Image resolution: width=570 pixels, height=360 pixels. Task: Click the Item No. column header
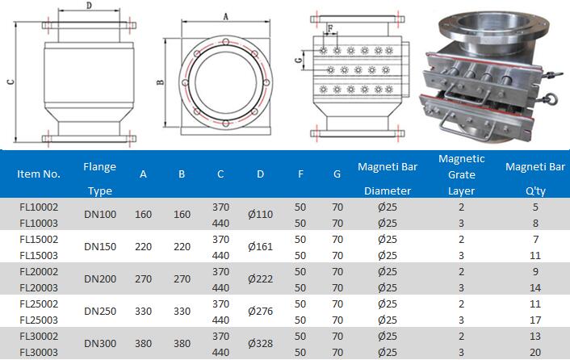pos(39,174)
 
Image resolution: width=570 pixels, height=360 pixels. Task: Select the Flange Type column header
pos(99,178)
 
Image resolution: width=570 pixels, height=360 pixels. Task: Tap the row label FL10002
pos(39,207)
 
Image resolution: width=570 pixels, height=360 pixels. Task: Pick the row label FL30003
pos(39,352)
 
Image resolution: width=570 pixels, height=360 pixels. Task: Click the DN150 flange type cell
pos(100,246)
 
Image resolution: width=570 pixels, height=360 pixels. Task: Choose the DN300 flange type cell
pos(100,344)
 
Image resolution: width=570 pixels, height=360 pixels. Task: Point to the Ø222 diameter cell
pos(260,278)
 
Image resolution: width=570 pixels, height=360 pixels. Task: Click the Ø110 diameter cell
pos(260,214)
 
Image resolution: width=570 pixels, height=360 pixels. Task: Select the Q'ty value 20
pos(535,352)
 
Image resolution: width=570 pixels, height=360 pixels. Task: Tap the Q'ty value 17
pos(535,320)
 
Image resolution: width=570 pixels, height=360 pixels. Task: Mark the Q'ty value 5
pos(535,207)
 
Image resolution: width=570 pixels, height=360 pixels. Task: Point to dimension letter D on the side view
pos(89,6)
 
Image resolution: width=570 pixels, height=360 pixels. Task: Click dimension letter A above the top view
pos(226,16)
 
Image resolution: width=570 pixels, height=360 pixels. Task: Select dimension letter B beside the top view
pos(160,82)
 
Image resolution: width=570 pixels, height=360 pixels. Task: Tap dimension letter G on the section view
pos(299,60)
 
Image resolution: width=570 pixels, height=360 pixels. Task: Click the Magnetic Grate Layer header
pos(462,174)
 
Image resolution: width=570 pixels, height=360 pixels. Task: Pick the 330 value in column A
pos(143,312)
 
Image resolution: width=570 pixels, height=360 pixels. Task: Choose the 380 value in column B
pos(182,344)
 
